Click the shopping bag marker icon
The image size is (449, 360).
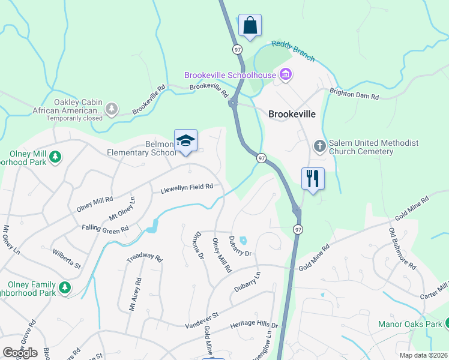pos(250,26)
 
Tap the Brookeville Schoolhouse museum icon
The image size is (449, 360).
pos(286,75)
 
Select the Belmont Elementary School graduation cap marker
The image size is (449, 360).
pos(185,141)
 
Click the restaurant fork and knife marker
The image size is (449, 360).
pos(313,178)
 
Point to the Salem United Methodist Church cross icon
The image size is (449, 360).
pos(319,146)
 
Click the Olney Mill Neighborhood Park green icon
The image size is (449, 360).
pos(55,157)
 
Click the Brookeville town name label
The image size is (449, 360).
pos(292,113)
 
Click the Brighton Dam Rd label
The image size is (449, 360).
pos(354,95)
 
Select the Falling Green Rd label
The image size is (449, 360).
pos(106,229)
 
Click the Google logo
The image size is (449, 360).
pos(20,352)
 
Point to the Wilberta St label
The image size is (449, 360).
pos(66,257)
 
